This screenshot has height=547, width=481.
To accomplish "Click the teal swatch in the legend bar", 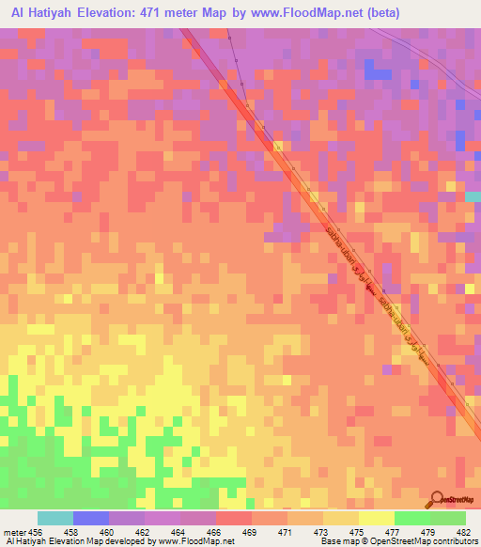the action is pos(55,518).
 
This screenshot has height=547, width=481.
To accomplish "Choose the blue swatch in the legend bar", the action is pos(91,518).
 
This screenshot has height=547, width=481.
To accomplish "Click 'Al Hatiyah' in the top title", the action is pos(46,13).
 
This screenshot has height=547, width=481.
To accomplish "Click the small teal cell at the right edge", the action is pos(474,196).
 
